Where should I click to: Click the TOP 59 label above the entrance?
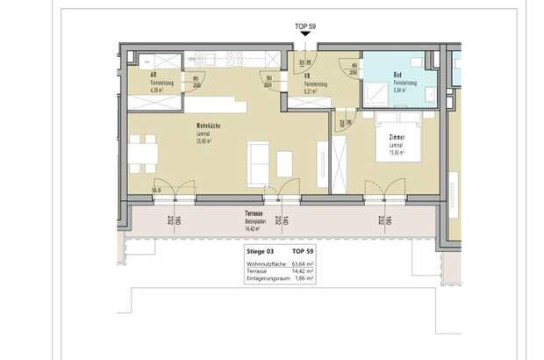pyautogui.click(x=306, y=26)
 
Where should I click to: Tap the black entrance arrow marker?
pyautogui.click(x=306, y=36)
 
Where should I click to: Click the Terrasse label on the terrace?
pyautogui.click(x=256, y=213)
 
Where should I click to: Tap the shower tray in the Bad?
pyautogui.click(x=377, y=91)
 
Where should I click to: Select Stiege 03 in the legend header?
pyautogui.click(x=262, y=251)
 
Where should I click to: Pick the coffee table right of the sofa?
pyautogui.click(x=284, y=162)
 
